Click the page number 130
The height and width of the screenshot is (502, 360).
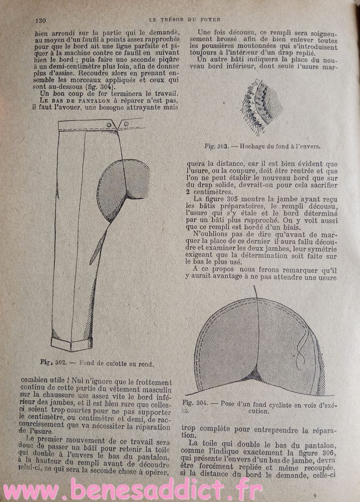point(41,20)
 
